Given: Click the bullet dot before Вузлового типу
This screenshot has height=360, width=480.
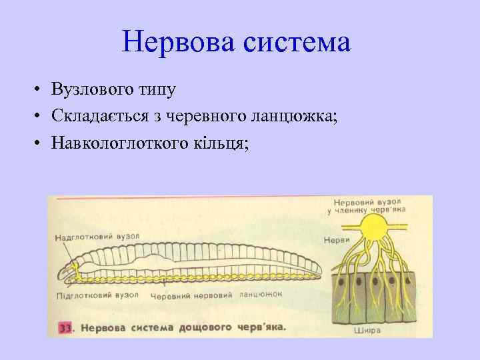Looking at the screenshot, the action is click(x=40, y=89).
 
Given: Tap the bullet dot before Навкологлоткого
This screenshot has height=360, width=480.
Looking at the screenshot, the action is click(x=40, y=144).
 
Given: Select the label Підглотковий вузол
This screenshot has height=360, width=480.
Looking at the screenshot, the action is click(x=96, y=294).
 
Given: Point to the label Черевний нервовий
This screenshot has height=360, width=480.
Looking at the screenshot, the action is click(x=191, y=295).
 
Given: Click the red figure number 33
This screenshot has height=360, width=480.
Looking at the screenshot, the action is click(x=65, y=328).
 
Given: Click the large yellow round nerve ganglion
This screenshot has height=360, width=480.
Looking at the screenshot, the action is click(x=375, y=233).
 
